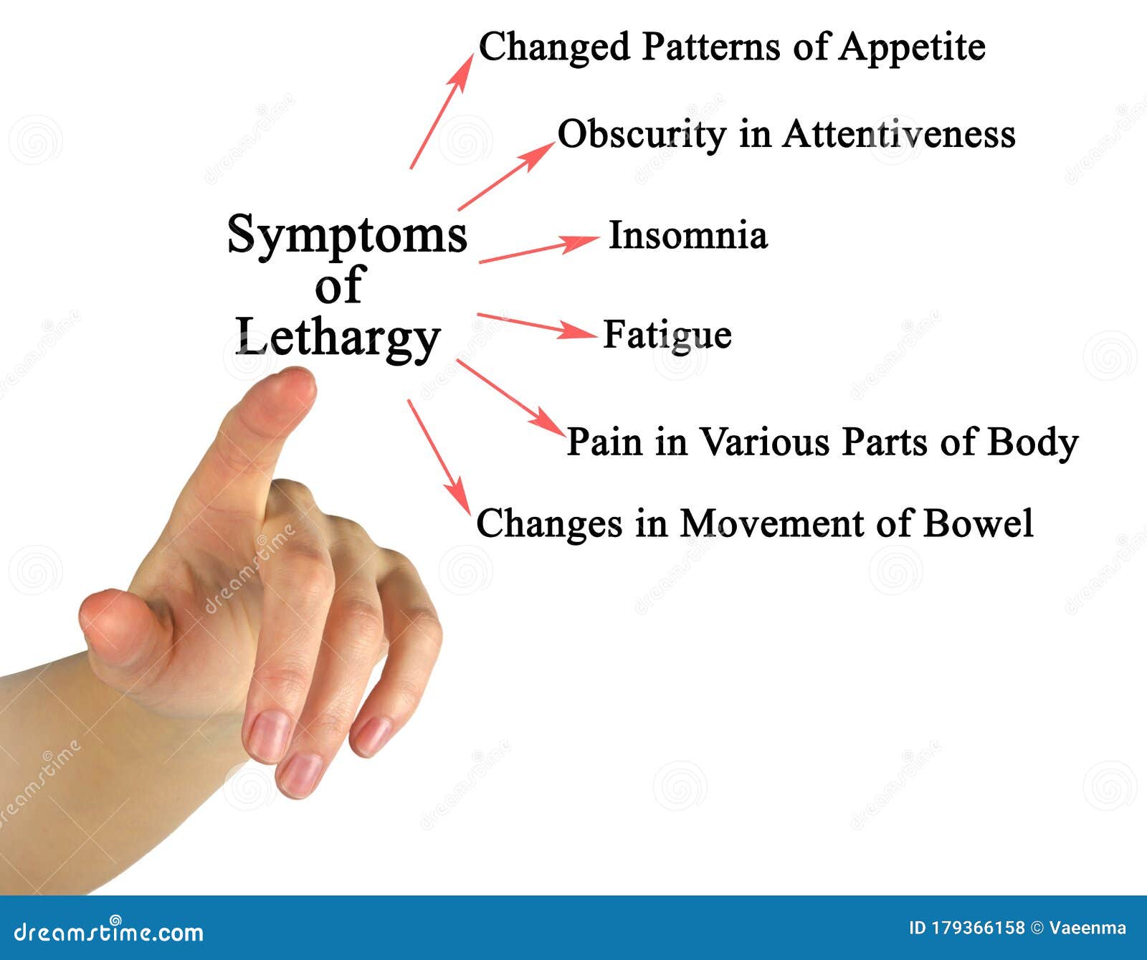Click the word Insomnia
[687, 236]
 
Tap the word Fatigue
[667, 335]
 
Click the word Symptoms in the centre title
[347, 235]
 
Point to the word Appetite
[912, 48]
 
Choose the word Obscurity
[642, 135]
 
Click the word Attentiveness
[898, 135]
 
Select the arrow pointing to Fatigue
[536, 326]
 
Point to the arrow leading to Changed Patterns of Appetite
[442, 111]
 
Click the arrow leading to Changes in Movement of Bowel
[439, 456]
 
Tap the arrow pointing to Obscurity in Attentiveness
[506, 176]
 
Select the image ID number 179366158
[978, 928]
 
